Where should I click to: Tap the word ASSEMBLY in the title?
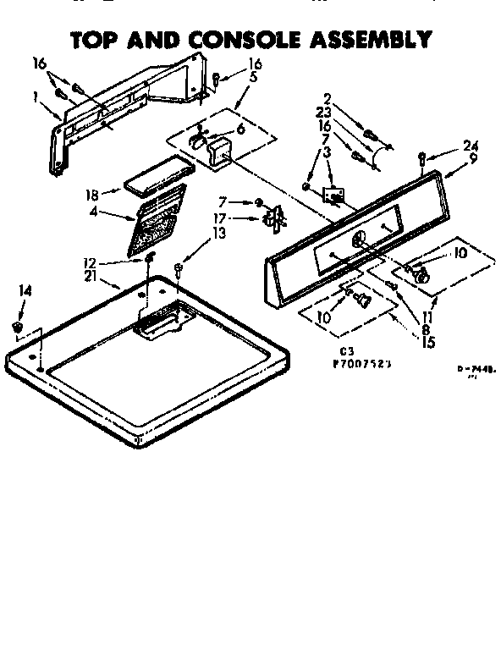click(x=366, y=39)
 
